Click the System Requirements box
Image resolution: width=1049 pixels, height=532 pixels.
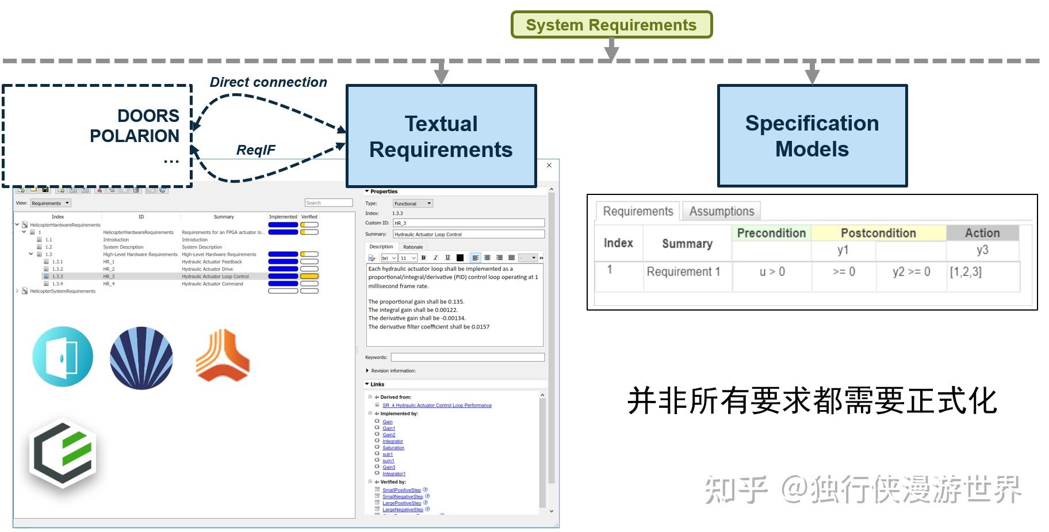(611, 25)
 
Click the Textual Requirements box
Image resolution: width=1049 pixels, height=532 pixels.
(441, 136)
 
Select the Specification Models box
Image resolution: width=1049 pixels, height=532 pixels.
(811, 136)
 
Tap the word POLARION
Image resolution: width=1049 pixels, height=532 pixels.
(134, 136)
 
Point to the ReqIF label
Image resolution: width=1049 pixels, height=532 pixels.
(255, 150)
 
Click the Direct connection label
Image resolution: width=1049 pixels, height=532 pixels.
(268, 82)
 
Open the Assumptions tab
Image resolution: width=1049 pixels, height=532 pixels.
(721, 211)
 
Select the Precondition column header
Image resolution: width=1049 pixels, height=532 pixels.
(771, 233)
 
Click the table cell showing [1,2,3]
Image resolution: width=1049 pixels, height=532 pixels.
(966, 271)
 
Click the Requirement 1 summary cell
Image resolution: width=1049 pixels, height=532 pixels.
(683, 271)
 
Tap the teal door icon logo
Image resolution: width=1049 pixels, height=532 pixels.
(63, 357)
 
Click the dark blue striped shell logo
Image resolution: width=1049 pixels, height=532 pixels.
(141, 358)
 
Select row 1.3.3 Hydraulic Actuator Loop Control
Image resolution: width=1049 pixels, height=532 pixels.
(215, 277)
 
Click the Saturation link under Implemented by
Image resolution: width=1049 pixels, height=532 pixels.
(393, 448)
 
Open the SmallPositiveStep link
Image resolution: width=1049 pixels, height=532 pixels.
(401, 490)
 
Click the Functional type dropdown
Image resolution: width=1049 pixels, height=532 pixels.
(412, 204)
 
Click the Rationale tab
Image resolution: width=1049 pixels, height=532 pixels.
(412, 247)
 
